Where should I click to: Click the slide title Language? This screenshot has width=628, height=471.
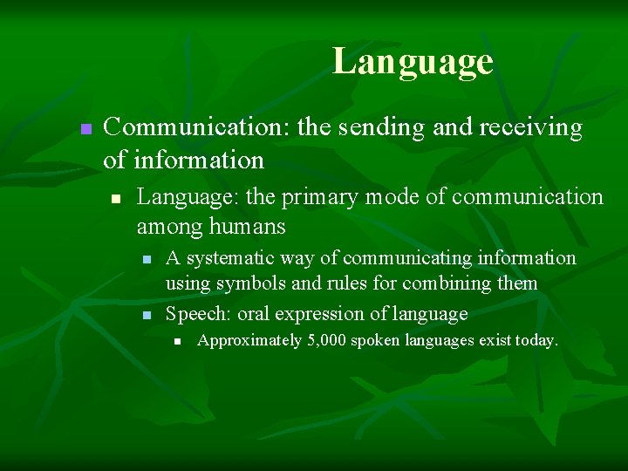pyautogui.click(x=413, y=62)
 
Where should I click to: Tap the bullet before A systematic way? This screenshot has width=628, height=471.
pyautogui.click(x=147, y=260)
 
